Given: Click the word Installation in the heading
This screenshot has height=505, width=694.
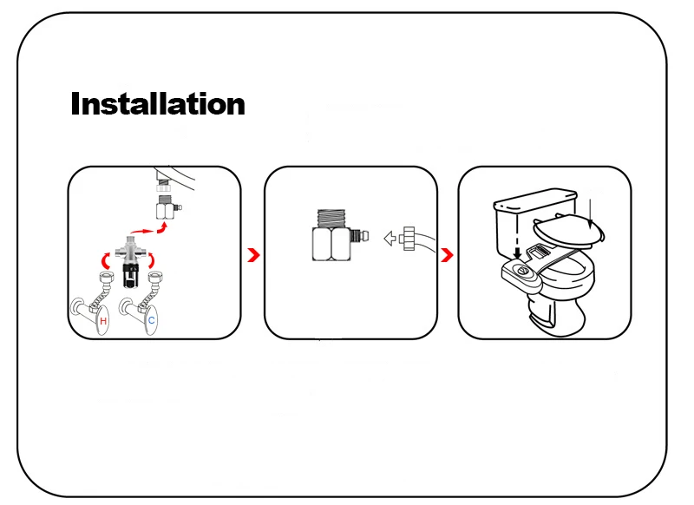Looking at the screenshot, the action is tap(158, 103).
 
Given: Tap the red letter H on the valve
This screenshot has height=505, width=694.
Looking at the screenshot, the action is tap(103, 321).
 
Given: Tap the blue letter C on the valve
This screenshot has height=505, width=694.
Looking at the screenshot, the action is tap(151, 320).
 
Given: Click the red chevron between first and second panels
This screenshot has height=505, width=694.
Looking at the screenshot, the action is tap(253, 255).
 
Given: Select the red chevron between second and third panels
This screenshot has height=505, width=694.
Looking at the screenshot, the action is tap(448, 255).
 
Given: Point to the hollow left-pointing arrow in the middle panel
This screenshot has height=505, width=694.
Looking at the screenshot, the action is tap(390, 239).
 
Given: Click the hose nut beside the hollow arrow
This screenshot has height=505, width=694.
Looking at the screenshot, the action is tap(408, 239).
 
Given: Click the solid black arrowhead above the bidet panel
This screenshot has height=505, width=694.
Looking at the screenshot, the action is tap(517, 253).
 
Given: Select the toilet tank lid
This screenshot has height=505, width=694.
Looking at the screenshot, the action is tap(535, 200).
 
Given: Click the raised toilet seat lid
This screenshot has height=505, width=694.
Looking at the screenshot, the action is tap(568, 231).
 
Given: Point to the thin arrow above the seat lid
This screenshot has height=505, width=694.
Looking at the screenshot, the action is tap(590, 214).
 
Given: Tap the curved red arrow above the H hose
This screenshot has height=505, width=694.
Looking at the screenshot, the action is tap(105, 261).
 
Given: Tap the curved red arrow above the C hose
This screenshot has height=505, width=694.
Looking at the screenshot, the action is tap(151, 260).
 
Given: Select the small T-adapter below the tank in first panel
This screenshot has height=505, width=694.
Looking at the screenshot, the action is tap(167, 207).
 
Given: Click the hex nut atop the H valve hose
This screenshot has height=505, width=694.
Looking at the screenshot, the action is tap(107, 279).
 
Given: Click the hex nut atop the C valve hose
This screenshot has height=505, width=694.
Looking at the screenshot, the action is tap(155, 278).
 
